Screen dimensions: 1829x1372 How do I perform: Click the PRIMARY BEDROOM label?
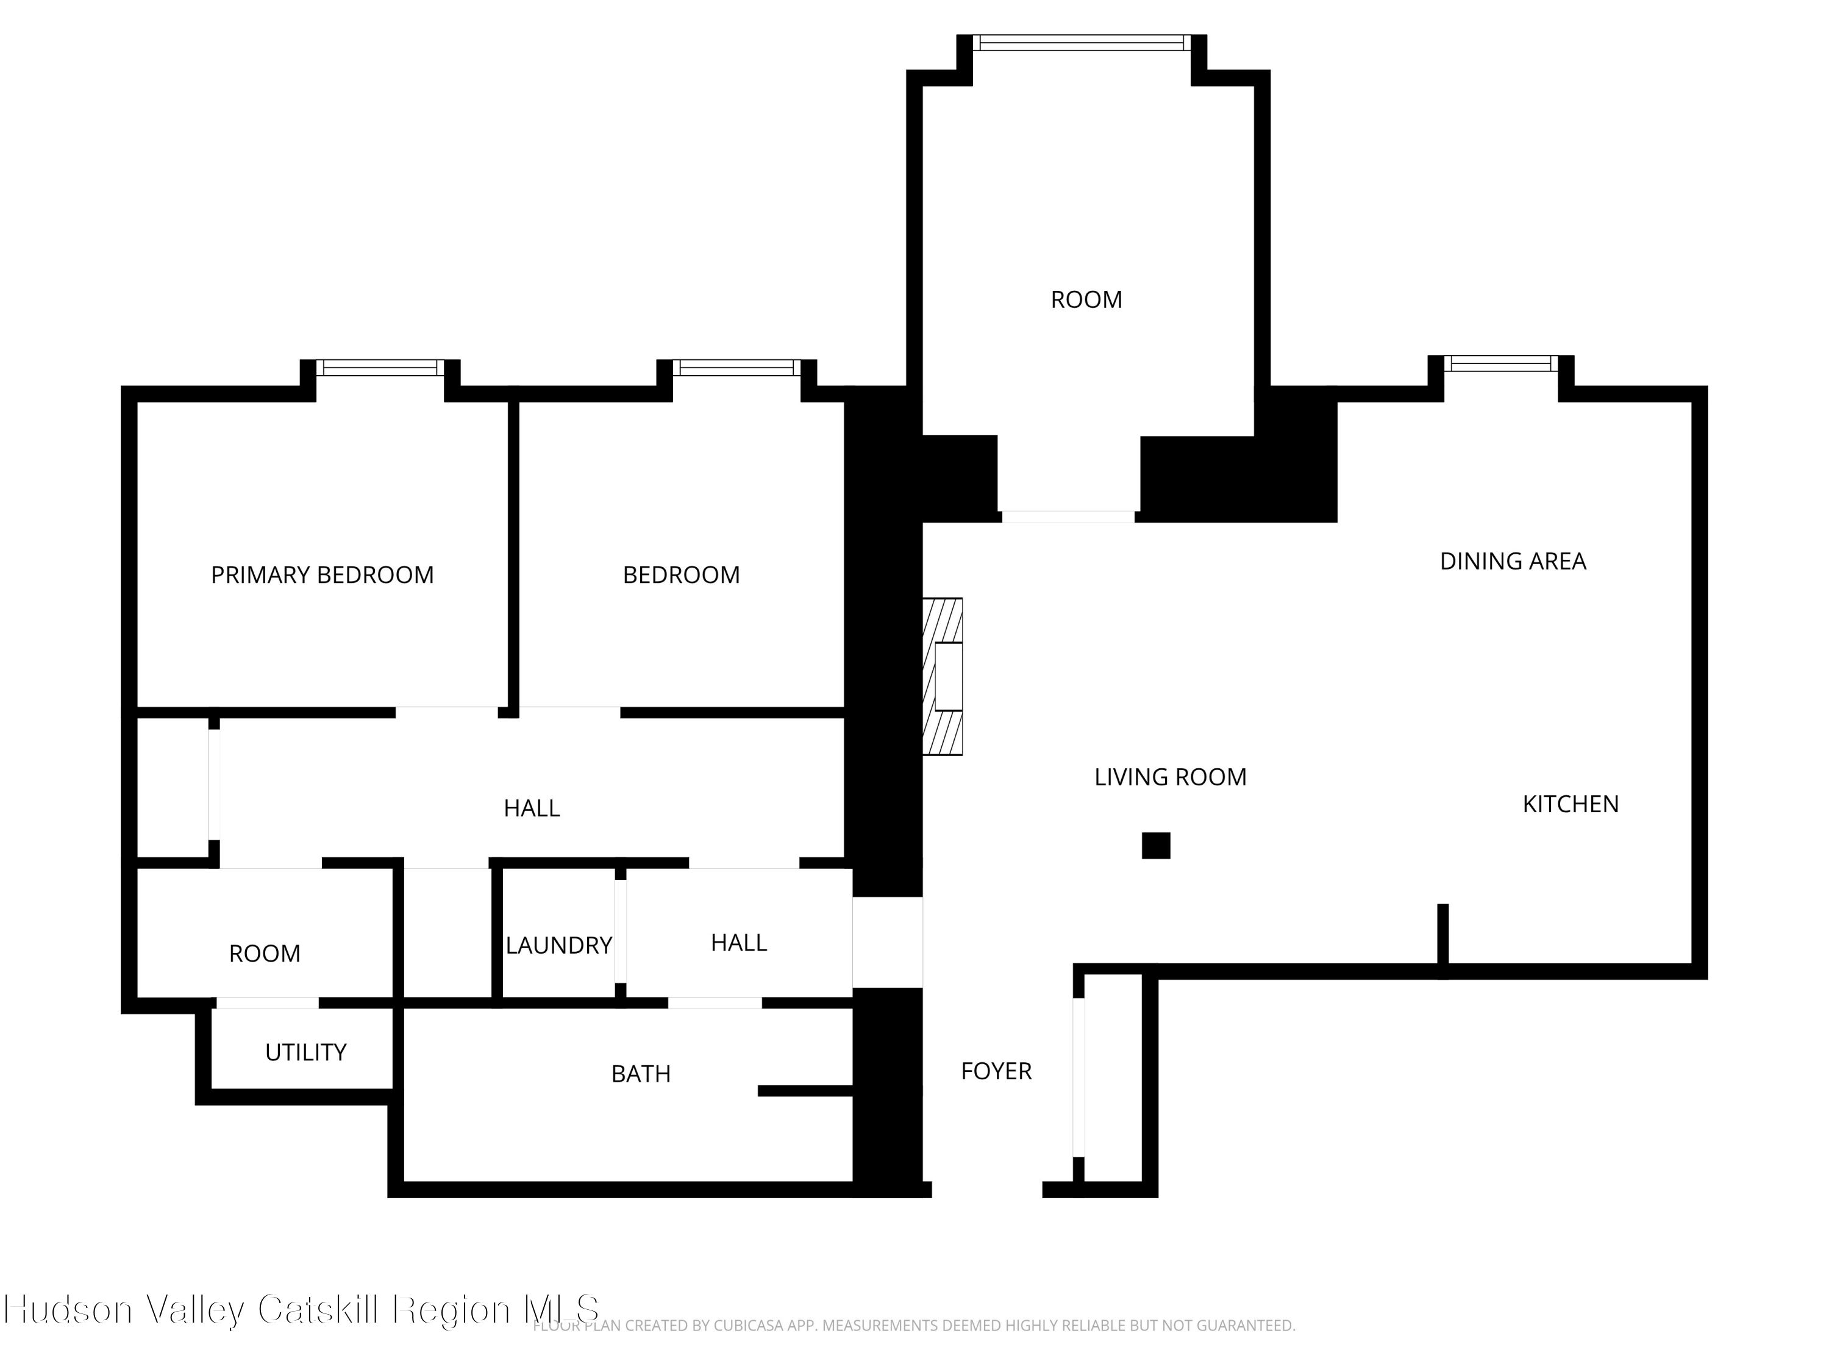pos(323,575)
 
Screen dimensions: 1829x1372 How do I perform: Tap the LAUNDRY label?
pos(559,945)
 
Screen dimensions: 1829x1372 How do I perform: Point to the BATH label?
pos(641,1073)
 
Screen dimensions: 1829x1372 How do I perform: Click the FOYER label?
pos(996,1071)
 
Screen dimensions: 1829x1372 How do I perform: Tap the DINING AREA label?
pos(1513,562)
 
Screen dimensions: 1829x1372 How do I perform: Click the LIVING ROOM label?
pos(1170,777)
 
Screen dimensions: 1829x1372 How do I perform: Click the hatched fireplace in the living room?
pos(943,676)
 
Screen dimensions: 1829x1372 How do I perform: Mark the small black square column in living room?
pos(1156,845)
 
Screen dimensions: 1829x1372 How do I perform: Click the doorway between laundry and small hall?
pos(620,931)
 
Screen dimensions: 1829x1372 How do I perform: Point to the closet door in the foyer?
pos(1079,1077)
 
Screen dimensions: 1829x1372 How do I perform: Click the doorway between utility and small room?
pos(267,1003)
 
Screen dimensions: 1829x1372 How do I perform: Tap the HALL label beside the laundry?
pos(739,943)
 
